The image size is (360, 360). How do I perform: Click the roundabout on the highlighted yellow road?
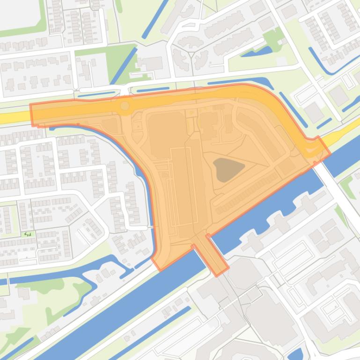coord(125,106)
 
